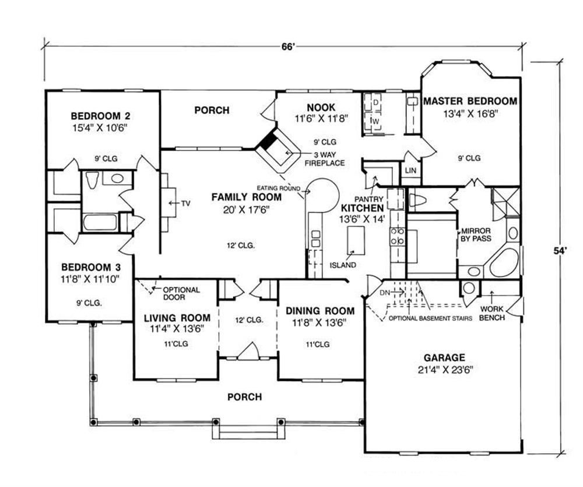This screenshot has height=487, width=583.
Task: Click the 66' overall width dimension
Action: (288, 47)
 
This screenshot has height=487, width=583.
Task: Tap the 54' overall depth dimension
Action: (559, 251)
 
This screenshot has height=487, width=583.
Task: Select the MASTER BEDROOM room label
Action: (470, 101)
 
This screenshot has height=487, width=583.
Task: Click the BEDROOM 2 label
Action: (100, 116)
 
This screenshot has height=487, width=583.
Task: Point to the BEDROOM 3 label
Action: (91, 267)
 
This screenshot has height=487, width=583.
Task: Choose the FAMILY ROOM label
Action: (247, 197)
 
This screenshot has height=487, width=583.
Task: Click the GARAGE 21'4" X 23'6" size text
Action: (445, 370)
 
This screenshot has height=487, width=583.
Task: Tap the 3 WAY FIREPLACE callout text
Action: (325, 159)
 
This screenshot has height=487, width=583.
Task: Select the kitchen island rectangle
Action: (356, 240)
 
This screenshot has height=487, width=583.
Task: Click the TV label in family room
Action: (185, 204)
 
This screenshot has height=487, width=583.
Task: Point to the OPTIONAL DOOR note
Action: (181, 293)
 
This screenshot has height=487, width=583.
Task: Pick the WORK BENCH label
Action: (491, 313)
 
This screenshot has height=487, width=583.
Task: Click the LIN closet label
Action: (410, 170)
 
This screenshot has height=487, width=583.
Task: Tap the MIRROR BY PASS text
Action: (476, 235)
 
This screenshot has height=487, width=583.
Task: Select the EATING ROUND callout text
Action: (279, 188)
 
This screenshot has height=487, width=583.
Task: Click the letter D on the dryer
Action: (375, 102)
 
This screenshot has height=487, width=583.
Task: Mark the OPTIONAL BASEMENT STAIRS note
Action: (430, 318)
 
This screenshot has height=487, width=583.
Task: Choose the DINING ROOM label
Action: (320, 311)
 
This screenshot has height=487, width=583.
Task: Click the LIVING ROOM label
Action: (177, 318)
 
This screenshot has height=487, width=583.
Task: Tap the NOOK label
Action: (321, 108)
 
